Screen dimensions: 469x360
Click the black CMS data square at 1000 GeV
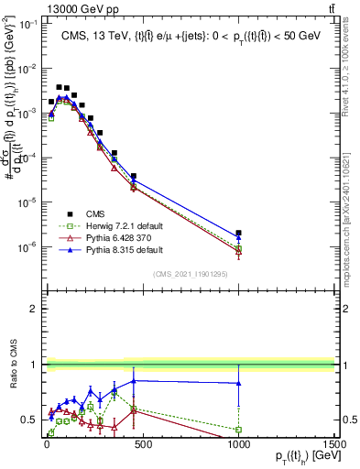pos(238,234)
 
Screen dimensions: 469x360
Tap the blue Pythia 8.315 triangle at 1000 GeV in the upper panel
pos(238,239)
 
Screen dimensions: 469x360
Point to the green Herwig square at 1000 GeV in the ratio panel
pos(238,430)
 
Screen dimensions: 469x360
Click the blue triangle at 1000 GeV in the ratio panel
pos(238,384)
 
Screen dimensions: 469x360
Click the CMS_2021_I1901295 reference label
pos(190,272)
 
